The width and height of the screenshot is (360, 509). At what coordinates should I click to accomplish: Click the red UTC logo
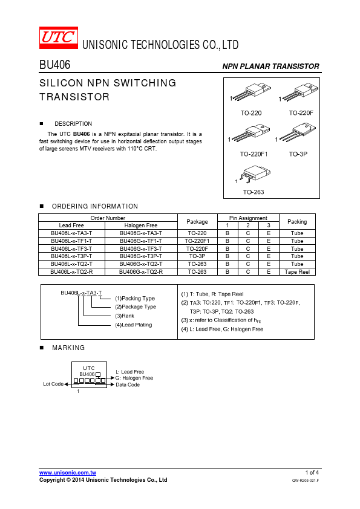coord(59,37)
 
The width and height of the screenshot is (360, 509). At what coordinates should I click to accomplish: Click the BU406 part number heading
coord(54,65)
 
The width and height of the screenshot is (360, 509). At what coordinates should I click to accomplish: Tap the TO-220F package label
coord(301,113)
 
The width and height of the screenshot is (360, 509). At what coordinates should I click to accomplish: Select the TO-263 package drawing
coord(254,173)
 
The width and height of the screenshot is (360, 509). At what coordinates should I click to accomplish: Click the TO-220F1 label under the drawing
coord(254,154)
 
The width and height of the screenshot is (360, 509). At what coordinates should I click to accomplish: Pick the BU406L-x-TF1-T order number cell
coord(71,241)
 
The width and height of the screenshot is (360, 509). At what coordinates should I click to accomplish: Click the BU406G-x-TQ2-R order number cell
coord(141,271)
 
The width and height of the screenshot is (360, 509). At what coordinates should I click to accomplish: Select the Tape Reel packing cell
coord(297,271)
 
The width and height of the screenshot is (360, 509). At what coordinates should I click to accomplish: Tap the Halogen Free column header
coord(141,225)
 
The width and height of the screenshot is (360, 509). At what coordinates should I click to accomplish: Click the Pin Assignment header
coord(248,218)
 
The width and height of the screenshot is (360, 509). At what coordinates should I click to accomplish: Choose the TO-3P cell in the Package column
coord(197,256)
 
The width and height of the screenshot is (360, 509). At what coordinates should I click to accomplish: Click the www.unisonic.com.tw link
coord(68,473)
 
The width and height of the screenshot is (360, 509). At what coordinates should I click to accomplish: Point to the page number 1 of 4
coord(312,472)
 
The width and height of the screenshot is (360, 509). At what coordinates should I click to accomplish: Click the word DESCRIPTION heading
coord(73,124)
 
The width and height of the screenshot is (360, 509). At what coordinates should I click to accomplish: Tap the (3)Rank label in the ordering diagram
coord(125,316)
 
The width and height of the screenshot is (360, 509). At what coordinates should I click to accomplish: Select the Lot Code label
coord(53,384)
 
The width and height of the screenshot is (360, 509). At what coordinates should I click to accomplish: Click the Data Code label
coord(128,384)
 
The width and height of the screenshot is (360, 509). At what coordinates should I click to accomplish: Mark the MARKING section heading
coord(68,348)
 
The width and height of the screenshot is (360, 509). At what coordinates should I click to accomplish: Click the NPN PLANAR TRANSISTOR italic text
coord(270,66)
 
